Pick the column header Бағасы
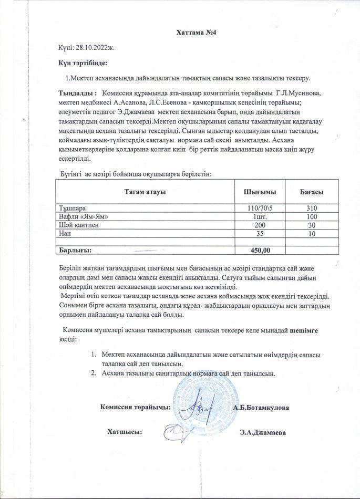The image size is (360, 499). click(x=311, y=192)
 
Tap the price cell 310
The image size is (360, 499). click(x=312, y=209)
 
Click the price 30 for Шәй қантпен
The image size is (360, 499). click(x=312, y=225)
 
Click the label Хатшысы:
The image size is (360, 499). click(x=125, y=432)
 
